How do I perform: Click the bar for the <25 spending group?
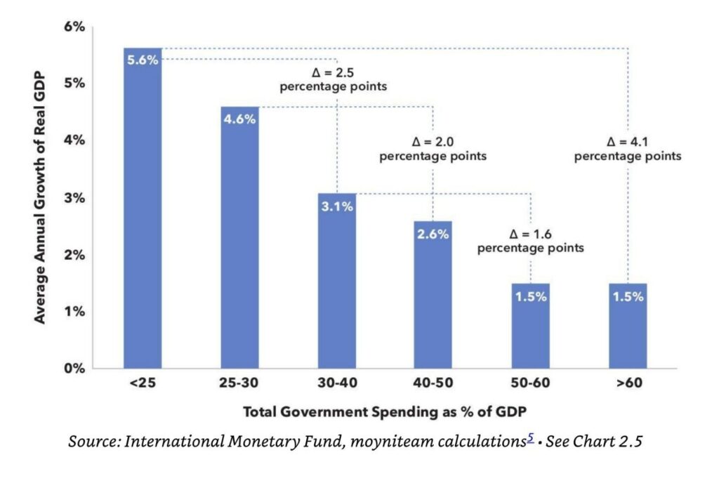pyautogui.click(x=143, y=211)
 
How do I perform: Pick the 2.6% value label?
pyautogui.click(x=433, y=234)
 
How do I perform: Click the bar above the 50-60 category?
pyautogui.click(x=530, y=326)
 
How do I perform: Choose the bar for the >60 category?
pyautogui.click(x=627, y=326)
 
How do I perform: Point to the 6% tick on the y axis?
pyautogui.click(x=74, y=27)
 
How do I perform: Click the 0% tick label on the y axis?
pyautogui.click(x=74, y=368)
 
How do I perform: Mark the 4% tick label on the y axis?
pyautogui.click(x=74, y=140)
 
